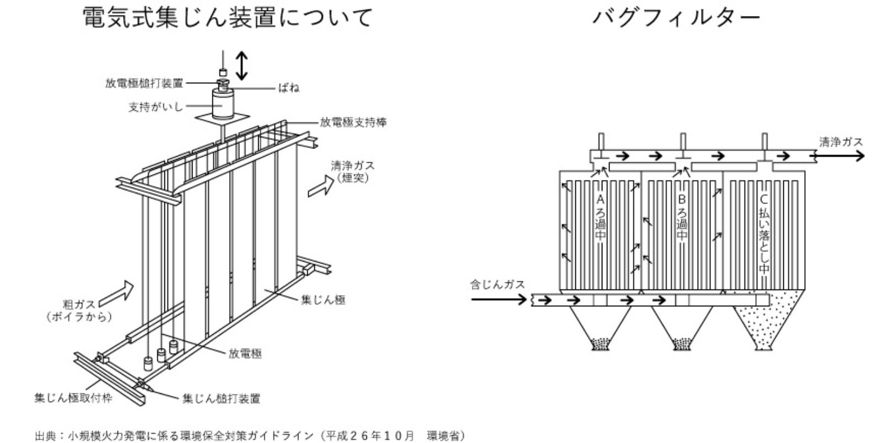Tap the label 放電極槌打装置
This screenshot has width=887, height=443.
[144, 83]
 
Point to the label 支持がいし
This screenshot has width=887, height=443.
[156, 107]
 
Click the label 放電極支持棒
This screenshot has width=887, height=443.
[353, 122]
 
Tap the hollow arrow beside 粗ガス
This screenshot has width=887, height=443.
[121, 290]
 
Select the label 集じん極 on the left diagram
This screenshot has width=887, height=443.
[323, 300]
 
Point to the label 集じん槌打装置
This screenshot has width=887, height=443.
[221, 398]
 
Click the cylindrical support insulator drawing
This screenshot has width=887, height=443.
[223, 103]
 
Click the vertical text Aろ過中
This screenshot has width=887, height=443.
[601, 216]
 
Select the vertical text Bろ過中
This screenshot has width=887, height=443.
[682, 216]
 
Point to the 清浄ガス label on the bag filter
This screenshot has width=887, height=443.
[841, 142]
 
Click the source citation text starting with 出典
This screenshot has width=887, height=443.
[249, 436]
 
